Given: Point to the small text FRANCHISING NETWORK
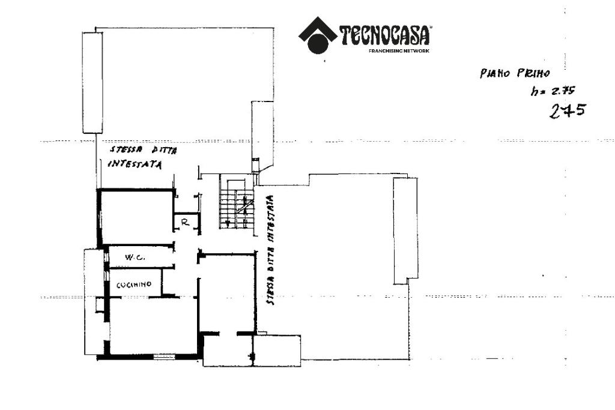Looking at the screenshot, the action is pos(399,51).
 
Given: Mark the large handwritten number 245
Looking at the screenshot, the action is pos(568,110).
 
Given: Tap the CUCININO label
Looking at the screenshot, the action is pos(133,285).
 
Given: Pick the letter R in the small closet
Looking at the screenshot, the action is pos(186,222).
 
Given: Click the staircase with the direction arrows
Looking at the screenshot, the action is pos(237,202).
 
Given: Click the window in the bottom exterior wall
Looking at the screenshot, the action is pos(163,357).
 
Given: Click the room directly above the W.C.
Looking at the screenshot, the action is pos(137,217).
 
